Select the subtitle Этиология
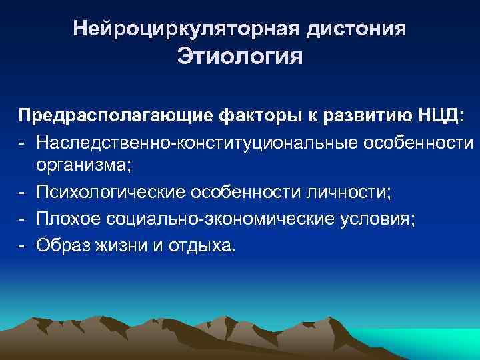point(239,57)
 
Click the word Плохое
point(70,219)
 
